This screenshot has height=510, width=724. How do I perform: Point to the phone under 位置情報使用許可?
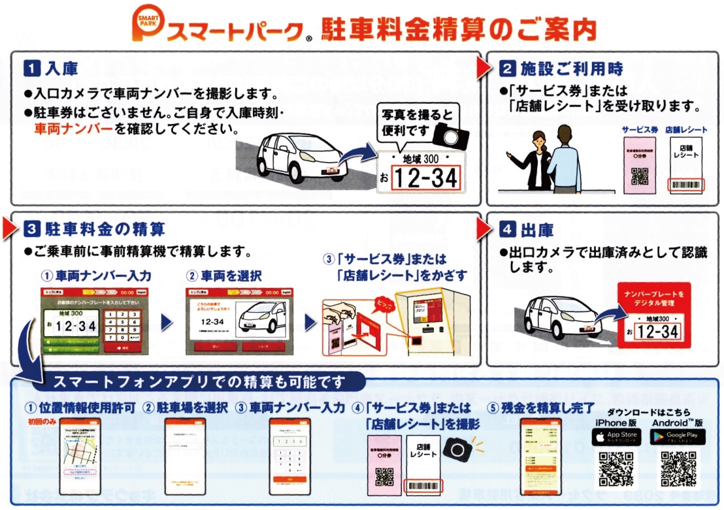[80, 456]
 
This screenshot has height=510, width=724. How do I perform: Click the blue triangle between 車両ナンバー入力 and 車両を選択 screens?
[166, 322]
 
